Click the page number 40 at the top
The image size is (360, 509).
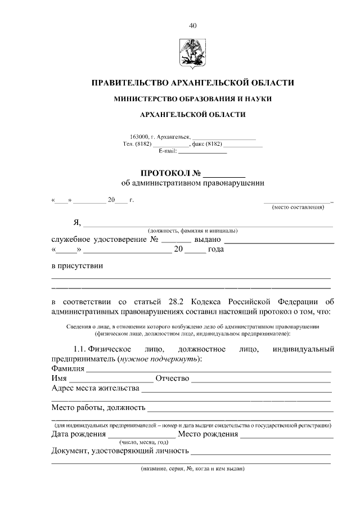point(193,25)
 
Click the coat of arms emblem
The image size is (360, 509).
point(193,50)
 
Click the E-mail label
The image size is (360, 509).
point(168,151)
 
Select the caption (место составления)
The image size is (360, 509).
point(298,208)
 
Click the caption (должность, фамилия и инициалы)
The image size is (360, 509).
point(193,231)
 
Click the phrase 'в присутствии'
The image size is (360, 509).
point(77,265)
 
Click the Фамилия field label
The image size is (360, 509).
point(67,369)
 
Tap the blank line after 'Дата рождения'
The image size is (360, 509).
point(141,436)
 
